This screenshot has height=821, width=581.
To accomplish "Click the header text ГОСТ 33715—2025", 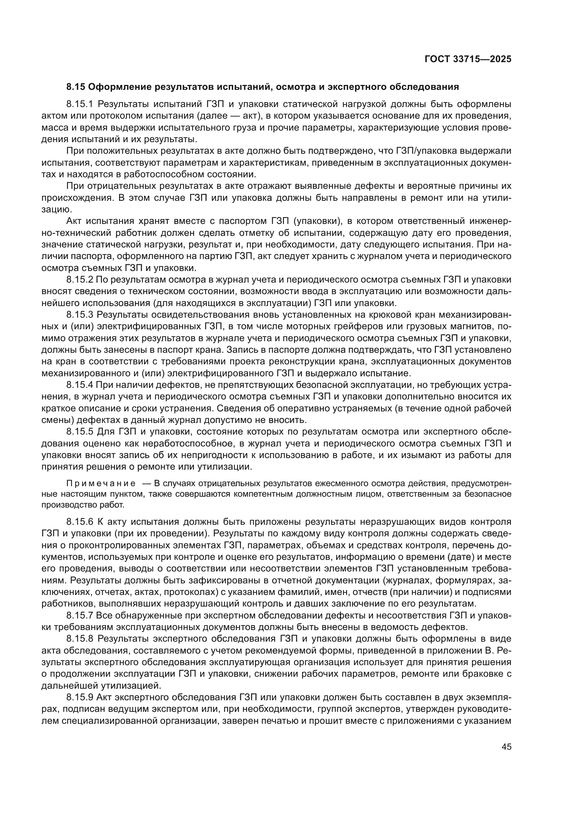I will click(468, 59).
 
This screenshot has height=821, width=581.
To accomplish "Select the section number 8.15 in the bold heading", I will click(76, 87).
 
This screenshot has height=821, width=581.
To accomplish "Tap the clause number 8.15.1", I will click(79, 104).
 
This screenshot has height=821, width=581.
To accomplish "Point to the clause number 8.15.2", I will click(79, 280).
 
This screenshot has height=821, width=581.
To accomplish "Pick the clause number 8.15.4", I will click(79, 385).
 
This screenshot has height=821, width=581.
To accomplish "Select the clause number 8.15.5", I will click(79, 432).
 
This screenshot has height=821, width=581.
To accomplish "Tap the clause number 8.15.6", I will click(79, 522).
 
